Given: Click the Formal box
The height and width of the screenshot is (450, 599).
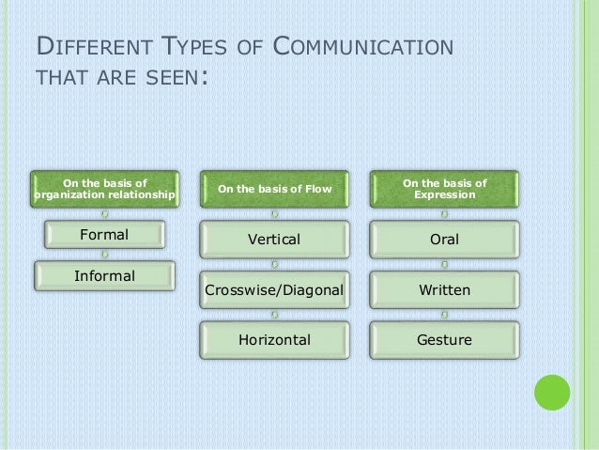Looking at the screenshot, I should pyautogui.click(x=103, y=234).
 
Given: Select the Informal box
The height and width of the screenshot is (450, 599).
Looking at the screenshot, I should pyautogui.click(x=104, y=275).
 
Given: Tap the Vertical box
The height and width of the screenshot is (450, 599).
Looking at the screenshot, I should pyautogui.click(x=273, y=240).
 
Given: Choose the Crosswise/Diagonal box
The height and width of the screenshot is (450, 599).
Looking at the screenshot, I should pyautogui.click(x=273, y=290).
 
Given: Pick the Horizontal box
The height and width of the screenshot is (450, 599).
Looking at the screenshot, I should pyautogui.click(x=273, y=339).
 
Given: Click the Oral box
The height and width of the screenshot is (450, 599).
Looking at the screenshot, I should pyautogui.click(x=444, y=240).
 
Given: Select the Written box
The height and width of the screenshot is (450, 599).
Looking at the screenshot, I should pyautogui.click(x=444, y=290).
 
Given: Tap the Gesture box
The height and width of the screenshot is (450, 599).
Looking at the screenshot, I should pyautogui.click(x=444, y=339).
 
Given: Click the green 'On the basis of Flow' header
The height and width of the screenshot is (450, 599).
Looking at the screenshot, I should pyautogui.click(x=273, y=189).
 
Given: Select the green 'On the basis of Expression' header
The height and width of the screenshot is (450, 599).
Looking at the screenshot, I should pyautogui.click(x=444, y=189).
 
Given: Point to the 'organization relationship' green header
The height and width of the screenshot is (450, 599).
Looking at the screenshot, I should pyautogui.click(x=104, y=189).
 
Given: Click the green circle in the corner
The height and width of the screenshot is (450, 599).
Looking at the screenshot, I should pyautogui.click(x=552, y=393).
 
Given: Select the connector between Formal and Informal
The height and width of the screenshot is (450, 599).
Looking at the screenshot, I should pyautogui.click(x=104, y=255).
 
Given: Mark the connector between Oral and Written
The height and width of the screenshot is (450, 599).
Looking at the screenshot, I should pyautogui.click(x=444, y=265).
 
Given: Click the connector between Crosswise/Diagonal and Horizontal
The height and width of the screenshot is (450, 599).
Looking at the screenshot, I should pyautogui.click(x=273, y=315).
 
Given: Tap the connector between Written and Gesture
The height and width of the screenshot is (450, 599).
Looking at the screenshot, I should pyautogui.click(x=444, y=315).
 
